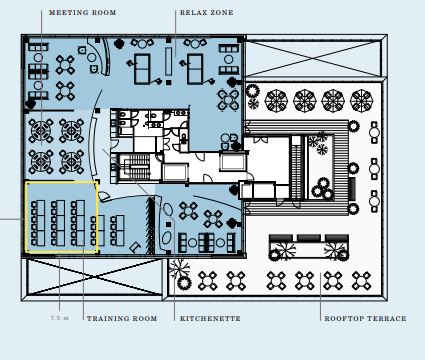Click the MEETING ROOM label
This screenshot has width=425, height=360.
pos(82,13)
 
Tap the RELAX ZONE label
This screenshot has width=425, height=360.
pos(207,13)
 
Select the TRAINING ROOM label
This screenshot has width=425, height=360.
pos(122,319)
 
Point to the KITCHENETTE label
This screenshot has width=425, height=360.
pos(210,319)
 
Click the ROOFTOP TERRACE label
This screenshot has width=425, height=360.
pos(365,319)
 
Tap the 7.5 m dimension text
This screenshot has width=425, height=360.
pos(60,318)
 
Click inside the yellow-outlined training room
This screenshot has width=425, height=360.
pos(62,217)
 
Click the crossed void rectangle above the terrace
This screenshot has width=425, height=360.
pos(313,58)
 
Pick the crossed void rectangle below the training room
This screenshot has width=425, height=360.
pos(95,277)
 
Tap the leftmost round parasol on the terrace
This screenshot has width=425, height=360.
pos(276,100)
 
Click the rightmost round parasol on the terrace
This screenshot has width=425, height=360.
pos(362,100)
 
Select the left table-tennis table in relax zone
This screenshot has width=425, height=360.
pos(142,69)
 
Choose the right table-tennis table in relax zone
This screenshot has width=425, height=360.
pos(195,69)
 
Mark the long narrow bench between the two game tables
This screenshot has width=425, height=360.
pos(168,61)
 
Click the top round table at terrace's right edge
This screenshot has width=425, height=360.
pos(374,133)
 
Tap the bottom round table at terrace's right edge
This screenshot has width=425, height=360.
pos(374,201)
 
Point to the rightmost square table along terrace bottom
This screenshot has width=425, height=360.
pos(362,281)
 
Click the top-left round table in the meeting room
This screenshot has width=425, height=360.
pos(41,131)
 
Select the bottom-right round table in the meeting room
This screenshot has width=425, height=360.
pos(72,162)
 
